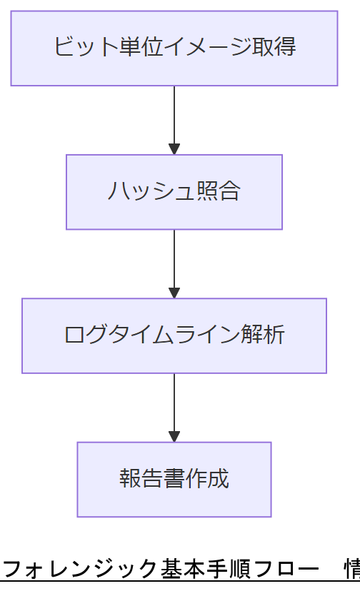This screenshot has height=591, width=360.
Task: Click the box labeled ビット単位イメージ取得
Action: tap(174, 48)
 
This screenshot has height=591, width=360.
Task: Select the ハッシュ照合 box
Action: tap(174, 192)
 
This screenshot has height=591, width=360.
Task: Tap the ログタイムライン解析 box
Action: tap(174, 335)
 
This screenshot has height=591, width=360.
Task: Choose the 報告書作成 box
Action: tap(174, 479)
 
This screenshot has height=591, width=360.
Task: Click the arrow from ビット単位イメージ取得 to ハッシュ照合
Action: tap(174, 118)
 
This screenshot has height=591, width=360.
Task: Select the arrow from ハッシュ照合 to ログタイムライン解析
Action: tap(174, 261)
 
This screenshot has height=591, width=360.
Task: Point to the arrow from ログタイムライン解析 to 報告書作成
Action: tap(174, 405)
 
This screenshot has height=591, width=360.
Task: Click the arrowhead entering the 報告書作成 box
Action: tap(174, 436)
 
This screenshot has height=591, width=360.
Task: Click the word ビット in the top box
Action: tap(77, 48)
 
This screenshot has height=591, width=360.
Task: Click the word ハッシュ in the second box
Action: tap(151, 192)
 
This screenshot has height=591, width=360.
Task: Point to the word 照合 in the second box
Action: tap(219, 192)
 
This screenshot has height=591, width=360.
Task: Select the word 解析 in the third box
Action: tap(264, 335)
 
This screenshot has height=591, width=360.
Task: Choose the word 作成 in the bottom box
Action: tap(208, 479)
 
